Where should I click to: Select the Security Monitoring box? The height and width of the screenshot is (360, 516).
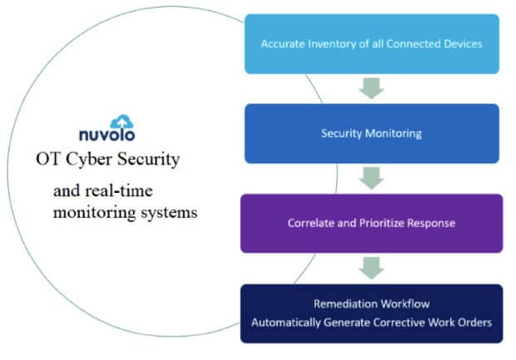coord(371,133)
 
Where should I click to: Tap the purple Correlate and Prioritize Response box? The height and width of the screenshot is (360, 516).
coord(371,223)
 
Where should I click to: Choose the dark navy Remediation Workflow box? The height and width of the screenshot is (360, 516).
coord(371,313)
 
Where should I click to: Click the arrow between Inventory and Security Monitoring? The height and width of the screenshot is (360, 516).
coord(371,87)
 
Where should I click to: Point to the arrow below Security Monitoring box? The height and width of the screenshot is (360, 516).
coord(371,177)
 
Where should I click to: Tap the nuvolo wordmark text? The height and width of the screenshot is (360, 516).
coord(106,135)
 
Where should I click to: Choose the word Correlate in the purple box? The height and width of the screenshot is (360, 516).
coord(312,224)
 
